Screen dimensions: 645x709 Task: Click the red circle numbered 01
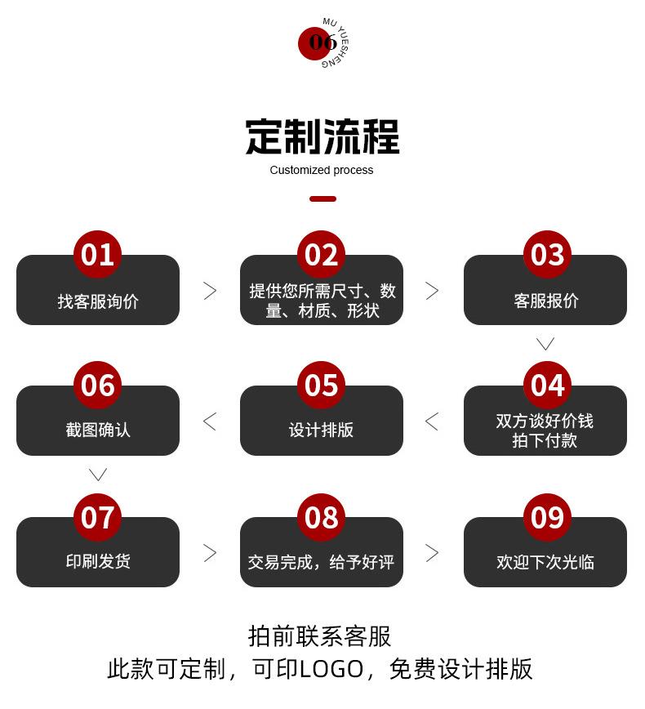[97, 255]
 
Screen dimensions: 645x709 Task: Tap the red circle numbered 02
[321, 255]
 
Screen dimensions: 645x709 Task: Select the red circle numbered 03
[547, 255]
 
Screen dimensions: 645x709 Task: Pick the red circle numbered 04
[547, 386]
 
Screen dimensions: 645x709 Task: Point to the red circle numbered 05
[321, 386]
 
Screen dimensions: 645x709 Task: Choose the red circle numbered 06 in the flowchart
[97, 386]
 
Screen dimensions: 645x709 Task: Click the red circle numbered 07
[97, 517]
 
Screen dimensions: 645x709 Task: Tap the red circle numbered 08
[321, 517]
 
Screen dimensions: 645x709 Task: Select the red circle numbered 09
[547, 517]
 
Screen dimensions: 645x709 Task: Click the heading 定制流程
[322, 137]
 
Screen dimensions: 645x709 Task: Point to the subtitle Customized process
[322, 170]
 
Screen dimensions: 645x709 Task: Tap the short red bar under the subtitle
[322, 198]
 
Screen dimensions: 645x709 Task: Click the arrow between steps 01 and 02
[210, 290]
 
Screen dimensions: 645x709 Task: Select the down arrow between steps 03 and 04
[545, 343]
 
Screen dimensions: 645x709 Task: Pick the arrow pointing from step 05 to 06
[210, 421]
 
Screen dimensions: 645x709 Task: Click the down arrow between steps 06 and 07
[98, 474]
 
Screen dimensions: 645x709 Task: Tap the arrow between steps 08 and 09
[432, 553]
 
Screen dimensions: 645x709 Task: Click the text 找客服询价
[98, 301]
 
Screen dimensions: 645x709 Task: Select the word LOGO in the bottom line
[331, 670]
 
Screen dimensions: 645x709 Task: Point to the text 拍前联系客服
[320, 635]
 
